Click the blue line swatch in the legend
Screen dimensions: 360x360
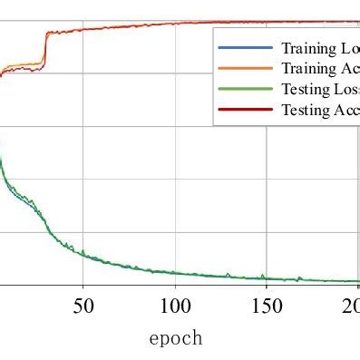pos(246,48)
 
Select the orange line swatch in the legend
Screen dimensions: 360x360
pos(246,69)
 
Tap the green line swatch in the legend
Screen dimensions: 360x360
pos(246,89)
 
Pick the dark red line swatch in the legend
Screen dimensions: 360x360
pos(246,110)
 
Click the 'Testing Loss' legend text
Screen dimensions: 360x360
pos(320,89)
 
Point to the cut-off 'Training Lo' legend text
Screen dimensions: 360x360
pos(320,48)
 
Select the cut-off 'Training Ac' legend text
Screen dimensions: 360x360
pos(320,69)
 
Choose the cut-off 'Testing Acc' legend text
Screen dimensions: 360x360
pos(320,110)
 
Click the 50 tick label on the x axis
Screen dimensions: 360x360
pos(83,306)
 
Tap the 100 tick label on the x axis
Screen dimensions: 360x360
pos(175,306)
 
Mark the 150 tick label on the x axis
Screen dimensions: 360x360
pos(267,306)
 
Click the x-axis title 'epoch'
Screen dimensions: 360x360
pos(175,338)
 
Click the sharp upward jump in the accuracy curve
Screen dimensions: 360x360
pos(44,47)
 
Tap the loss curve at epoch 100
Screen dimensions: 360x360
pos(175,273)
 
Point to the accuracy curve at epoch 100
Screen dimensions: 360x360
pos(175,23)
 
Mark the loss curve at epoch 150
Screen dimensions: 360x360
pos(267,278)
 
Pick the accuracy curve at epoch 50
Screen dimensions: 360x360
pos(83,29)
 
